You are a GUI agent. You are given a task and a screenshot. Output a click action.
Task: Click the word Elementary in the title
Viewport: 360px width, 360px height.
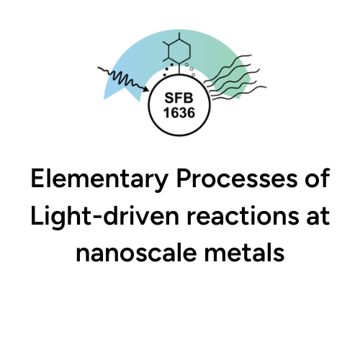click(99, 179)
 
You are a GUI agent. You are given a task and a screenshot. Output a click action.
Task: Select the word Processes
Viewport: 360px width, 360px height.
click(237, 178)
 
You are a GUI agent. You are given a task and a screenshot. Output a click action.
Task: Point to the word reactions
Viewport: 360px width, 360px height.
click(243, 216)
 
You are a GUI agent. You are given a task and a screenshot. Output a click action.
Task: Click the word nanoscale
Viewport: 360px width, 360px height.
click(136, 253)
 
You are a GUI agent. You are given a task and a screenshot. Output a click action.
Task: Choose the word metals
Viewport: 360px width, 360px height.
click(244, 253)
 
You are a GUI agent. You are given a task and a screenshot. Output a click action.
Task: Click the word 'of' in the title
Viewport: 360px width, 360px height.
click(318, 178)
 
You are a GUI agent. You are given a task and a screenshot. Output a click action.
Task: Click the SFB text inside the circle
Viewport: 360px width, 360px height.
click(179, 98)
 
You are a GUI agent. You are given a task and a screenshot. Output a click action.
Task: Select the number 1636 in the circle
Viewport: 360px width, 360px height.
click(179, 112)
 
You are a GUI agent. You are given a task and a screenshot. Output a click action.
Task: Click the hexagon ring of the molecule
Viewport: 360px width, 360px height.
click(179, 51)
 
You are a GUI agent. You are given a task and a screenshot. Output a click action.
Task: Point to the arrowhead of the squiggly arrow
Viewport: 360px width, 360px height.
click(145, 89)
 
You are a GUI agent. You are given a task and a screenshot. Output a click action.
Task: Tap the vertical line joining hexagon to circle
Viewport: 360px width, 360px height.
click(179, 69)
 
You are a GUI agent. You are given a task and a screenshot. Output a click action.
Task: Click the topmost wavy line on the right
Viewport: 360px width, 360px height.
click(228, 68)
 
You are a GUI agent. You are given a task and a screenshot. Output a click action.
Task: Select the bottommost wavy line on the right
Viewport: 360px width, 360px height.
click(240, 93)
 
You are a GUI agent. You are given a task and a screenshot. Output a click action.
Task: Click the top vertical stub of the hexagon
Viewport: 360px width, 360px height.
click(179, 36)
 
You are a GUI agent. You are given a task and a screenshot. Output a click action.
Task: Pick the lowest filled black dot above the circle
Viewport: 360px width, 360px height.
click(164, 75)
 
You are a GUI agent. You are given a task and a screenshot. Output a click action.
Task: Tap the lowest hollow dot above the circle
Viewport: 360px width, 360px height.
click(194, 75)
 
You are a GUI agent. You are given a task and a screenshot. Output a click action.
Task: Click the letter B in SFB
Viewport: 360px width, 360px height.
click(188, 98)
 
